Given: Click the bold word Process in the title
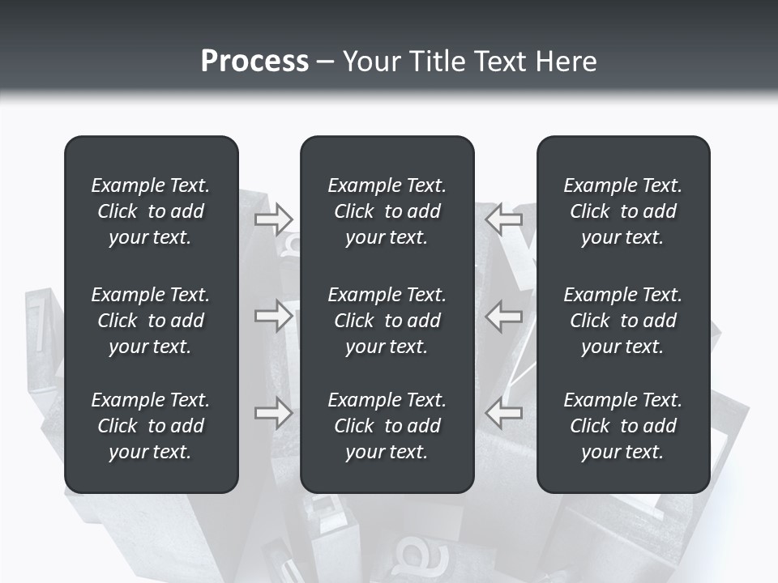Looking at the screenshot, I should click(x=254, y=62).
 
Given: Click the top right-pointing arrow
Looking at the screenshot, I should click(x=273, y=219).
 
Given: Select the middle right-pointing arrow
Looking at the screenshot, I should click(x=273, y=316).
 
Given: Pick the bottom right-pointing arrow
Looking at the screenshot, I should click(x=273, y=413).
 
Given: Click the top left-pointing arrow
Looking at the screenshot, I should click(x=503, y=219).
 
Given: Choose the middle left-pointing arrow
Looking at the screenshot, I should click(x=503, y=316).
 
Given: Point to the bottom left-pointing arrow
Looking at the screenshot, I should click(x=503, y=413).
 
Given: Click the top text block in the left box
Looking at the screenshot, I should click(x=151, y=211).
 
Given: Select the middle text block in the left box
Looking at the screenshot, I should click(x=151, y=321).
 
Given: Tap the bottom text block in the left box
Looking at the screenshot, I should click(x=151, y=426).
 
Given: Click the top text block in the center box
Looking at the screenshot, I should click(x=387, y=211).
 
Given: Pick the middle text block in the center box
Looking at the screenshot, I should click(x=387, y=321).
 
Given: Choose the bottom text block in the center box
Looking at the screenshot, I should click(x=387, y=426).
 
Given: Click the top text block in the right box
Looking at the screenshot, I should click(x=623, y=211).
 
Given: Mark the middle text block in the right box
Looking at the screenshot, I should click(x=623, y=321).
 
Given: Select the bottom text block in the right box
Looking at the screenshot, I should click(x=623, y=426).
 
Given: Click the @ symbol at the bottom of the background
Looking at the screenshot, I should click(x=414, y=556).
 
